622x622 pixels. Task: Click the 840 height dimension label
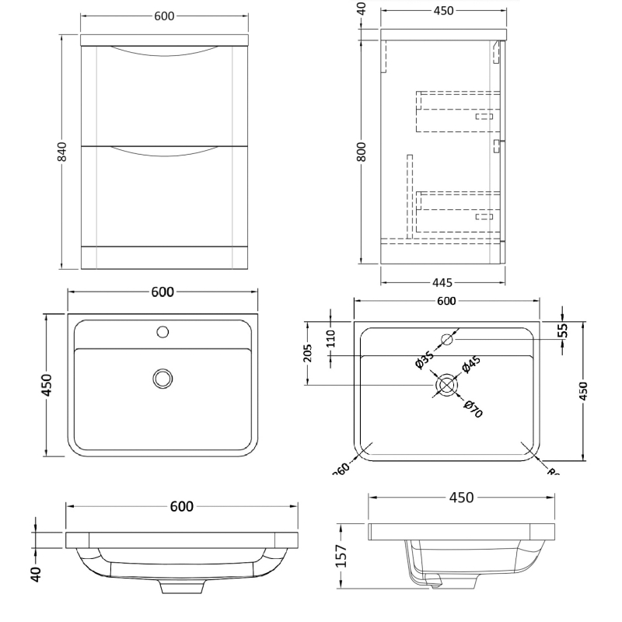click(63, 152)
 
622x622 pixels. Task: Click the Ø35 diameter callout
click(424, 358)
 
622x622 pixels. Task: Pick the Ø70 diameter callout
click(473, 408)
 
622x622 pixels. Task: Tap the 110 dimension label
click(330, 337)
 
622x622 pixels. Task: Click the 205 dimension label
click(309, 355)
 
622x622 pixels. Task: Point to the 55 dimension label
click(563, 331)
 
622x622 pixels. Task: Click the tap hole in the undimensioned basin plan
click(162, 332)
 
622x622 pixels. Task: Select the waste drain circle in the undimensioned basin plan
click(162, 378)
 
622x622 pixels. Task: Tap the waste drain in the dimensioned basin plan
click(446, 385)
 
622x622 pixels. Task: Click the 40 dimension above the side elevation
click(362, 9)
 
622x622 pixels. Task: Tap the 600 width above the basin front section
click(181, 506)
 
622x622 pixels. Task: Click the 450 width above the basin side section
click(461, 498)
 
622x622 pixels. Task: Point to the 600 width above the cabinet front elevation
click(164, 16)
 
